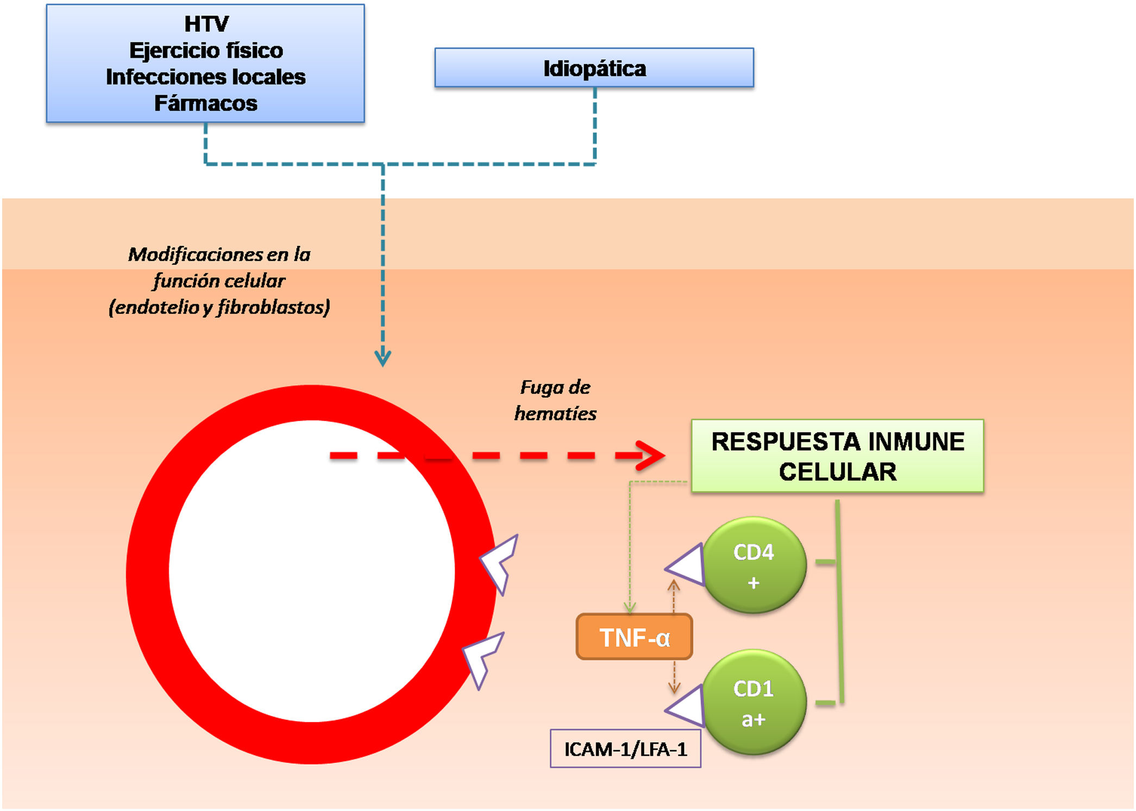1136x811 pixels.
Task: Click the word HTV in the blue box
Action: click(206, 24)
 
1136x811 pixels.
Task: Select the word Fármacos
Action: click(205, 103)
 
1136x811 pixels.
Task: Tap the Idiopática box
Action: click(594, 68)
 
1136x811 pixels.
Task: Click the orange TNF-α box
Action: click(634, 637)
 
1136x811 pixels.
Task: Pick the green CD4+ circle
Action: click(754, 565)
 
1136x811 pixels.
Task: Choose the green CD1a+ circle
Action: click(754, 702)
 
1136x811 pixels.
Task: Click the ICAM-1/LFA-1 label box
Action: click(625, 749)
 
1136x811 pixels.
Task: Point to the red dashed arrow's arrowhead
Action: click(652, 455)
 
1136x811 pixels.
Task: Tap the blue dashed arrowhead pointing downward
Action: click(382, 359)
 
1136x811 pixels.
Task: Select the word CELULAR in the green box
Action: click(837, 471)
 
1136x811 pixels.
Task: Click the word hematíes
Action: click(555, 414)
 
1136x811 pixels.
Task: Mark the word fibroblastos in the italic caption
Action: click(273, 307)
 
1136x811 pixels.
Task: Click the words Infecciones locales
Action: click(205, 77)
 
